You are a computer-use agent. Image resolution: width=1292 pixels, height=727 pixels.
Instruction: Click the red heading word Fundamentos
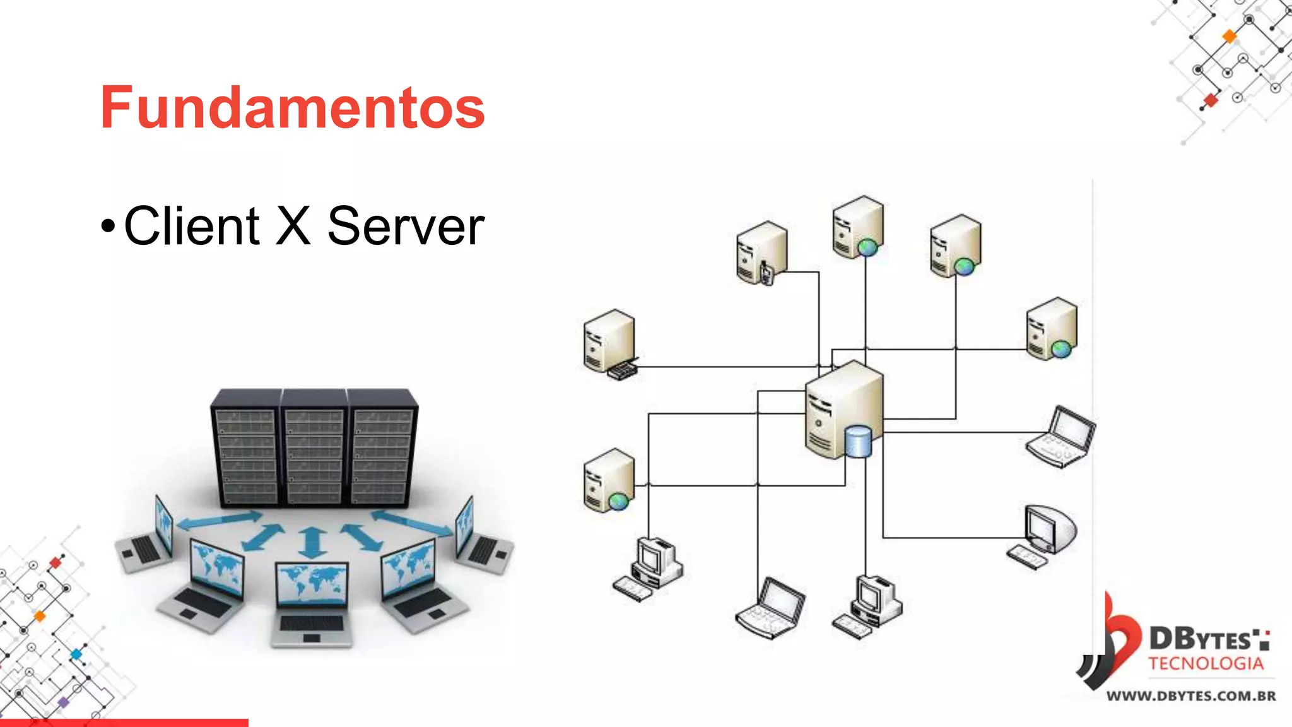292,108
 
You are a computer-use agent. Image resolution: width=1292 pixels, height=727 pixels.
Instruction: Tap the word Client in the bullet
191,226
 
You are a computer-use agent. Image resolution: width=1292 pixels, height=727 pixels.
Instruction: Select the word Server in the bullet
406,226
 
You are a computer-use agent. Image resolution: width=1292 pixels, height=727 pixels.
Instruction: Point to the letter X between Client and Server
293,225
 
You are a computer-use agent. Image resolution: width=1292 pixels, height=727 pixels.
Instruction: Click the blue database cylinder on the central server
858,441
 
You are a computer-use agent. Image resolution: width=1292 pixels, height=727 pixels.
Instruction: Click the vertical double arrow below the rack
312,542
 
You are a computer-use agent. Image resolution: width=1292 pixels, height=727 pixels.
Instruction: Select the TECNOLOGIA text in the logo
1206,663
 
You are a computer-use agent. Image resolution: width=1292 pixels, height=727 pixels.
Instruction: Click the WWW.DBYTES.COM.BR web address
1191,696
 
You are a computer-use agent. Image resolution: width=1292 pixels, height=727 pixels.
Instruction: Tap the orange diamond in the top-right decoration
1230,37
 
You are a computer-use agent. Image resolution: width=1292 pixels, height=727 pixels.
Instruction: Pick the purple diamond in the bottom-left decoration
63,702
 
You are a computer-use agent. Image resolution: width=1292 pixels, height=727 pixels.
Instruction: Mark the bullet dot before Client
108,226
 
